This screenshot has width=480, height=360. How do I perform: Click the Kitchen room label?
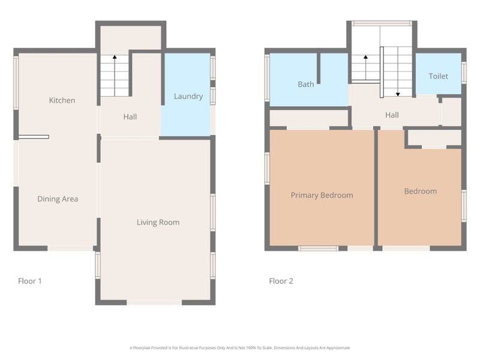pos(62,100)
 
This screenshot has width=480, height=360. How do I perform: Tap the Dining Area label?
pos(58,199)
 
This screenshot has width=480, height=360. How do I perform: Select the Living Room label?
pos(158,222)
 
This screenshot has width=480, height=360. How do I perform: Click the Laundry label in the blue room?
pos(188,96)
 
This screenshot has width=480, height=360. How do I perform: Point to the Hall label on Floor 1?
pos(130,116)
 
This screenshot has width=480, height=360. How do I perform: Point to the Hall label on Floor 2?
pos(392,115)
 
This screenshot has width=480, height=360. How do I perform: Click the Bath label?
pos(306,84)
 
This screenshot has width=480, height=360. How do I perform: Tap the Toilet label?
pos(438,76)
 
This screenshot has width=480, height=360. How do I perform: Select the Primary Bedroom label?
pos(322,195)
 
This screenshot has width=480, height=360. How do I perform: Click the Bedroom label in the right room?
pos(420,191)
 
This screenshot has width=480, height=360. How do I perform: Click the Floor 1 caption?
pos(30,281)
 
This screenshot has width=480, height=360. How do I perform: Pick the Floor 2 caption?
pos(281,281)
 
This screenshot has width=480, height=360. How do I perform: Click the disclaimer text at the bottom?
pos(240,347)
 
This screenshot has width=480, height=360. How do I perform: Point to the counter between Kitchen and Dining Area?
pos(33,137)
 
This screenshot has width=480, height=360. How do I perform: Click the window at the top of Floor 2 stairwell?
pos(382,23)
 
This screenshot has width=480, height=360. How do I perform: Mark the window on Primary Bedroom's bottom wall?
pos(318,248)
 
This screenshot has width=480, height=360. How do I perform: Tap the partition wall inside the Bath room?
pos(319,68)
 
